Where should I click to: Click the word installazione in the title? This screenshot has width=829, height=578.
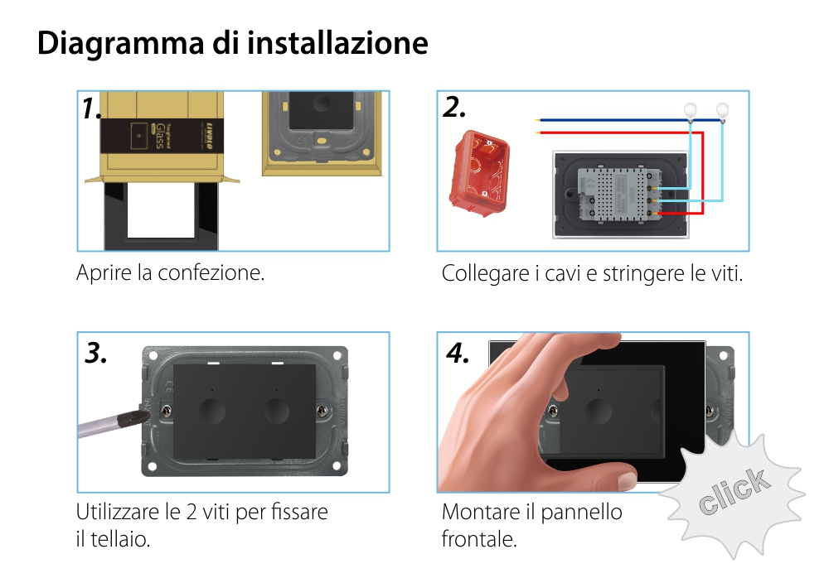(x=338, y=43)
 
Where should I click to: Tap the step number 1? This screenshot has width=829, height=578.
(x=92, y=108)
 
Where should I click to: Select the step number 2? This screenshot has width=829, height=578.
(x=454, y=108)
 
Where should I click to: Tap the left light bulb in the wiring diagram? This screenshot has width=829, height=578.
(x=688, y=110)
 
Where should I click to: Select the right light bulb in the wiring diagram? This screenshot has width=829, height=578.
(x=722, y=110)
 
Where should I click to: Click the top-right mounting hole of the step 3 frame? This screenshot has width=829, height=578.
(x=337, y=358)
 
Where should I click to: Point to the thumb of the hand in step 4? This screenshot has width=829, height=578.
(x=597, y=475)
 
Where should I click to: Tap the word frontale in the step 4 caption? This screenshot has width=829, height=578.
(x=479, y=540)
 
